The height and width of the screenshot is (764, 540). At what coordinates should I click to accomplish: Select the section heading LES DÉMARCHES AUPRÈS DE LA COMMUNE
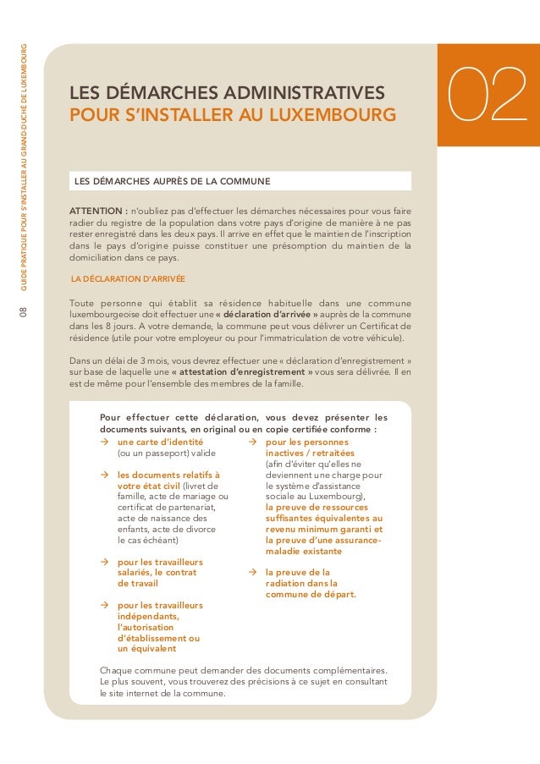(x=173, y=181)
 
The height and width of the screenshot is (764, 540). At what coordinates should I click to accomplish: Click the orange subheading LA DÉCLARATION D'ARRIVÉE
(x=129, y=278)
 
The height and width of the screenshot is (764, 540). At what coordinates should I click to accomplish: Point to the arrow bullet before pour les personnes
(x=251, y=442)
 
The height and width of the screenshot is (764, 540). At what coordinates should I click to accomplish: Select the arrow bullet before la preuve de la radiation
(x=251, y=572)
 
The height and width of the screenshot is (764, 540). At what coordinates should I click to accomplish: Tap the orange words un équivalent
(x=147, y=649)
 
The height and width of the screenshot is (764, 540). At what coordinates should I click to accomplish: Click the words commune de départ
(x=310, y=594)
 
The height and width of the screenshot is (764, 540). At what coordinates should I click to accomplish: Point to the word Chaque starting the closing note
(x=116, y=671)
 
